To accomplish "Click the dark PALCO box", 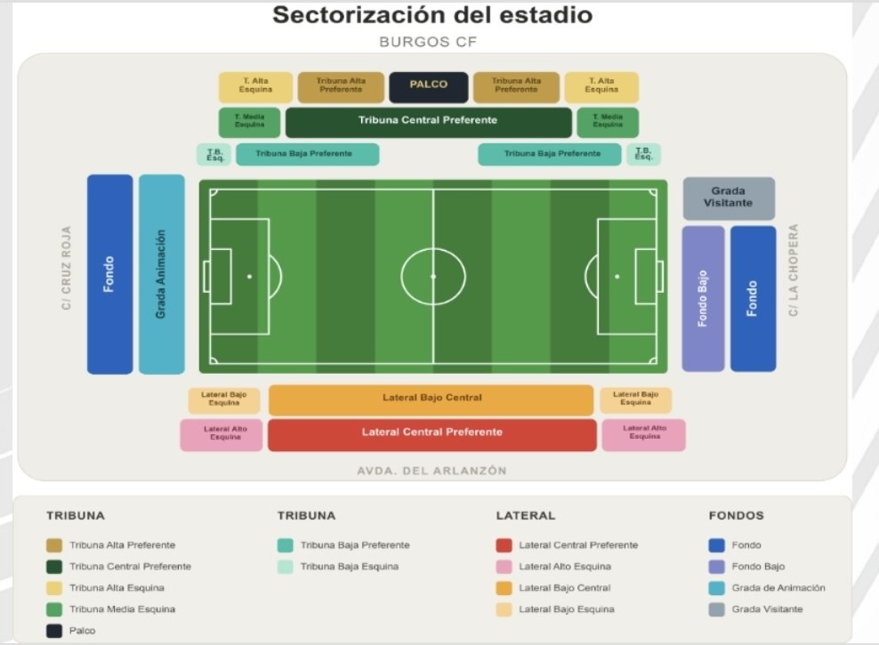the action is pos(428,87).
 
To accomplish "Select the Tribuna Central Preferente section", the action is pos(428,122).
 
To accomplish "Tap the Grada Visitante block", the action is pos(729,198).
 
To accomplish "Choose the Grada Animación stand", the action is pos(161,274).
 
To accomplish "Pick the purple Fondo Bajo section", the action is pos(703,299).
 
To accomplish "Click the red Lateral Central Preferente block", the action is pos(432,435).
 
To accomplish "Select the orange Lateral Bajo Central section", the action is pos(431,399).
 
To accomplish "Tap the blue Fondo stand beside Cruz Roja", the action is pos(110,274).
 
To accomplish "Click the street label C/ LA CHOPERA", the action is pos(793,270).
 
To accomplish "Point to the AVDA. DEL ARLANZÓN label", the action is pos(431,471).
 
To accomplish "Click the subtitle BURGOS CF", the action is pos(428,42).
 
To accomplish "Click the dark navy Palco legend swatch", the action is pos(54,631).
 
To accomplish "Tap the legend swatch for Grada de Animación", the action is pos(716,588).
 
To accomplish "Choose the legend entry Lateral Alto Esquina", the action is pos(565,567).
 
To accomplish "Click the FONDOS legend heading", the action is pos(736,515).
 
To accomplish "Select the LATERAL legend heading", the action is pos(525,515).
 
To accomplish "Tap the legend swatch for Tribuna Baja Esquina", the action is pos(286,567).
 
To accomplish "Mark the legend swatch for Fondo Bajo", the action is pos(716,567).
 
